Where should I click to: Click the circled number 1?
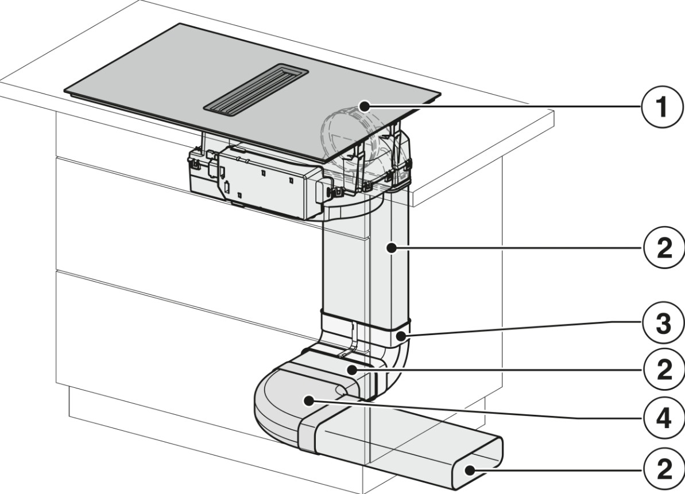coord(662,107)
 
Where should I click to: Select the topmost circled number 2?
coord(664,249)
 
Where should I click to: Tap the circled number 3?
coord(664,324)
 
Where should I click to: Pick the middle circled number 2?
coord(664,370)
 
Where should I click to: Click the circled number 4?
coord(664,419)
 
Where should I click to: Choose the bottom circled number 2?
coord(664,470)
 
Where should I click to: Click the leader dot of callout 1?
coord(365,105)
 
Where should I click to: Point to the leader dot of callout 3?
coord(401,336)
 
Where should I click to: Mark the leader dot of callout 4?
coord(309,400)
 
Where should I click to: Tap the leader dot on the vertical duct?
coord(392,248)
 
